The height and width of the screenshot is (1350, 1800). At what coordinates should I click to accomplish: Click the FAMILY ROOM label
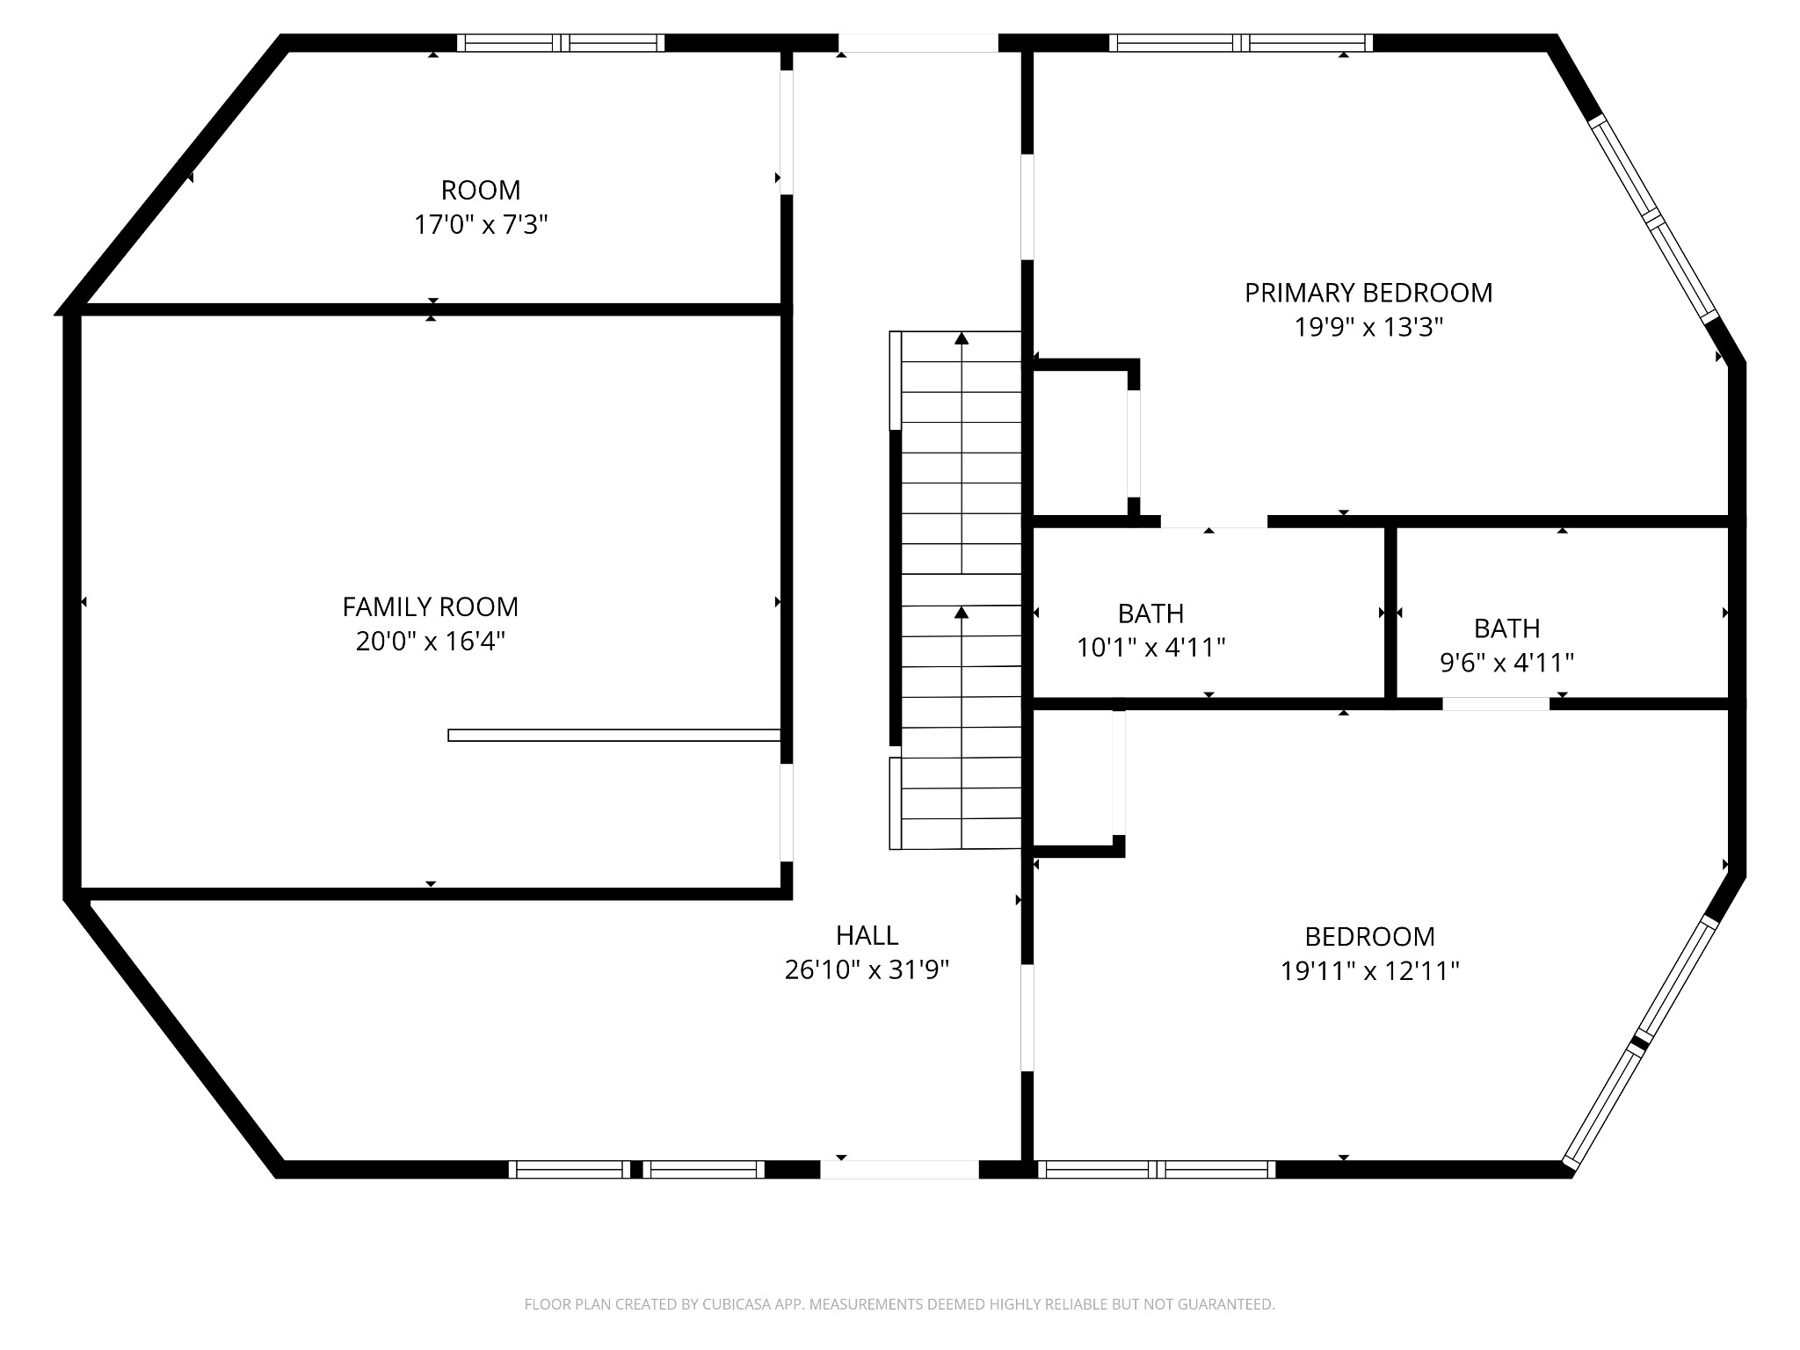click(x=431, y=606)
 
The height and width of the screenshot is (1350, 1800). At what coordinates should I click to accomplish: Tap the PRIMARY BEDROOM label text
click(x=1368, y=293)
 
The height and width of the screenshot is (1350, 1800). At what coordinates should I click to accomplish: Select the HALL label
click(x=867, y=935)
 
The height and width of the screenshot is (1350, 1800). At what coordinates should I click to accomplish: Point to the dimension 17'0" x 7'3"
click(x=481, y=225)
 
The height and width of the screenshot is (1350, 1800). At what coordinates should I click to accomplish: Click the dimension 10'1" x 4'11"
click(x=1151, y=648)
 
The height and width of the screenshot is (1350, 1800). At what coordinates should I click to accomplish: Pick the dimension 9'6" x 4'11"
click(x=1506, y=663)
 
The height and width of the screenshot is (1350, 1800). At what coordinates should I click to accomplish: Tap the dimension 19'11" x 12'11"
click(x=1369, y=971)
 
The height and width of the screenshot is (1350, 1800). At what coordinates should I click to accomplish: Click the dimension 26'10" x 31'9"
click(x=867, y=969)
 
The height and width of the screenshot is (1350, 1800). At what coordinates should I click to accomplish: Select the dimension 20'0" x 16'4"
click(x=431, y=642)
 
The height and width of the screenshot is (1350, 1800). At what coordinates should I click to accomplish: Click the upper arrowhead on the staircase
click(x=962, y=337)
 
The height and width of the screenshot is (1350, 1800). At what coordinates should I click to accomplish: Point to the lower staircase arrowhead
click(x=962, y=612)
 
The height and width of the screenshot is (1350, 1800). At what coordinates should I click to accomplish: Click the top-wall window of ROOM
click(x=561, y=43)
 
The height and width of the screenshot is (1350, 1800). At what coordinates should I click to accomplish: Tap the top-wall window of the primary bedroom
click(x=1240, y=43)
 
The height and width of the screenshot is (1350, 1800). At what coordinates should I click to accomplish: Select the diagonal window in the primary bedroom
click(x=1652, y=218)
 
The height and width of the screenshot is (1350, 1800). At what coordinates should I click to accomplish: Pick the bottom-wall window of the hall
click(x=637, y=1169)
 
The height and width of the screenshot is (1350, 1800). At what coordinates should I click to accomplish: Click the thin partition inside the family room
click(x=614, y=735)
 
